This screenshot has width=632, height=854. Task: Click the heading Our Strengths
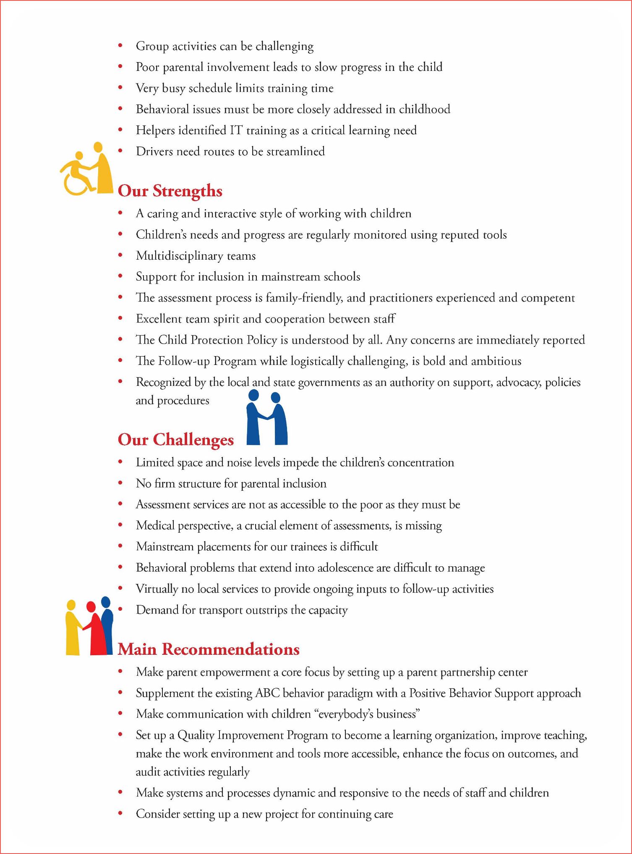170,191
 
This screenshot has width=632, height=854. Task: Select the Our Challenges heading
176,440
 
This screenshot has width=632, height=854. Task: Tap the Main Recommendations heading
209,649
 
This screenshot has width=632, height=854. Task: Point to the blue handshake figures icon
266,418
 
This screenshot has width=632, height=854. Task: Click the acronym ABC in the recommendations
267,693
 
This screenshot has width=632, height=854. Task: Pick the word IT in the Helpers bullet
236,130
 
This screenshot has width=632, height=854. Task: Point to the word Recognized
164,382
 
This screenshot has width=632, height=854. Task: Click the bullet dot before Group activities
120,45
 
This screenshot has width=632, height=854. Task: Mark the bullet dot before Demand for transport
120,609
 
